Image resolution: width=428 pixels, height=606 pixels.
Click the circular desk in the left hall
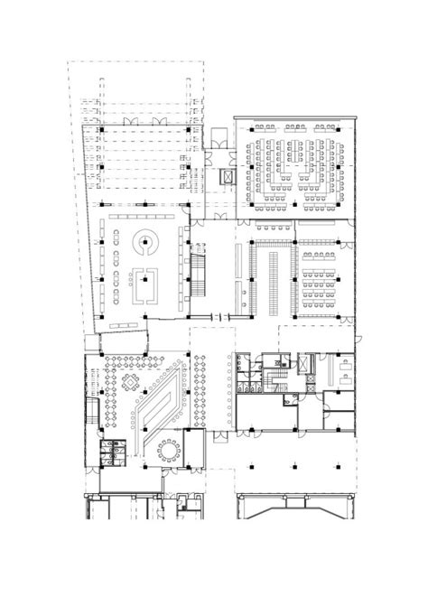pos(144,243)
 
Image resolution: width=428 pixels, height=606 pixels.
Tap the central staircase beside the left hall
pos(197,276)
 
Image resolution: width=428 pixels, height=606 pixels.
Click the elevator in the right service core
pos(305,366)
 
